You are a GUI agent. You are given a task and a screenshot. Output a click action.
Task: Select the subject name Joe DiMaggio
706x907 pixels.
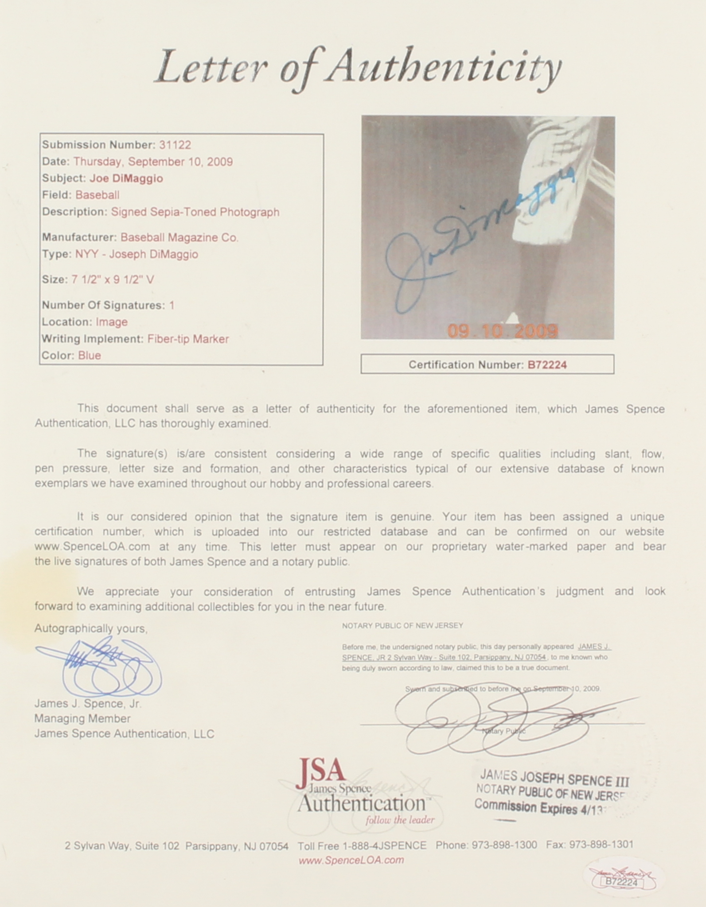coord(126,178)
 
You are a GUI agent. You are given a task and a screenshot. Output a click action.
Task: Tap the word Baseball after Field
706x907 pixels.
coord(97,195)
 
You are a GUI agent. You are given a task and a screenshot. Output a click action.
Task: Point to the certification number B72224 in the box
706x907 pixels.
coord(547,365)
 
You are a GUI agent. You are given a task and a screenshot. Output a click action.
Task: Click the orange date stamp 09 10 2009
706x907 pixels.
coord(503,331)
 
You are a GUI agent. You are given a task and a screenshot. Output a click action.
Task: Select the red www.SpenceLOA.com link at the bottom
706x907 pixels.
coord(351,860)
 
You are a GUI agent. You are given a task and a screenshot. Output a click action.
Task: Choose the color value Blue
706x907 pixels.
coord(90,356)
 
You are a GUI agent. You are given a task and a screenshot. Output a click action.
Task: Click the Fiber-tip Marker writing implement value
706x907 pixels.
coord(188,339)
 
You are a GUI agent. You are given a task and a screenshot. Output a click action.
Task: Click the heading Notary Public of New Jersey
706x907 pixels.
coord(402,625)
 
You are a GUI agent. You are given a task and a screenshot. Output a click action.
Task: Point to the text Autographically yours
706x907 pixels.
coord(91,628)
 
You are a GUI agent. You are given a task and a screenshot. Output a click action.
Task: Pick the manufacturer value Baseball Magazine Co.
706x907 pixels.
coord(179,237)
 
